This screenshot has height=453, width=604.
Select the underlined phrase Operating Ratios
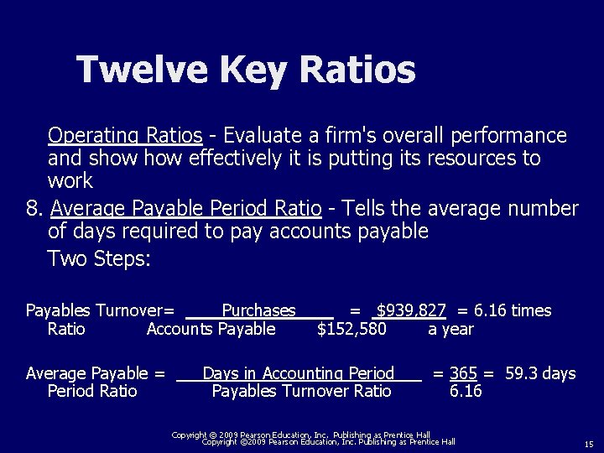pyautogui.click(x=125, y=135)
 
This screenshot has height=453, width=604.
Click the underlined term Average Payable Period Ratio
pyautogui.click(x=186, y=208)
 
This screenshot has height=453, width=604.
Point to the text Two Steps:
pyautogui.click(x=100, y=258)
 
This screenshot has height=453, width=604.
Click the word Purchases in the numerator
pyautogui.click(x=258, y=311)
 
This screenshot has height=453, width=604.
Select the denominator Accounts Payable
pyautogui.click(x=211, y=329)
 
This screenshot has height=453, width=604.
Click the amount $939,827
pyautogui.click(x=411, y=311)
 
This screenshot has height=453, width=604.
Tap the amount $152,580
pyautogui.click(x=351, y=329)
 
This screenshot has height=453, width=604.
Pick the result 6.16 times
pyautogui.click(x=513, y=311)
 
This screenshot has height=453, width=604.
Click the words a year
pyautogui.click(x=450, y=329)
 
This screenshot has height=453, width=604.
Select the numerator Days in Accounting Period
pyautogui.click(x=298, y=373)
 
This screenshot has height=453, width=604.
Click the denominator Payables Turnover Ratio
pyautogui.click(x=301, y=391)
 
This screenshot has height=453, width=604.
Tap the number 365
pyautogui.click(x=463, y=373)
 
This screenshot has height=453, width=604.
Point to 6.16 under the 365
pyautogui.click(x=466, y=391)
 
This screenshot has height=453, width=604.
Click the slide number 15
pyautogui.click(x=589, y=444)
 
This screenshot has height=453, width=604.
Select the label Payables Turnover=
pyautogui.click(x=100, y=311)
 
